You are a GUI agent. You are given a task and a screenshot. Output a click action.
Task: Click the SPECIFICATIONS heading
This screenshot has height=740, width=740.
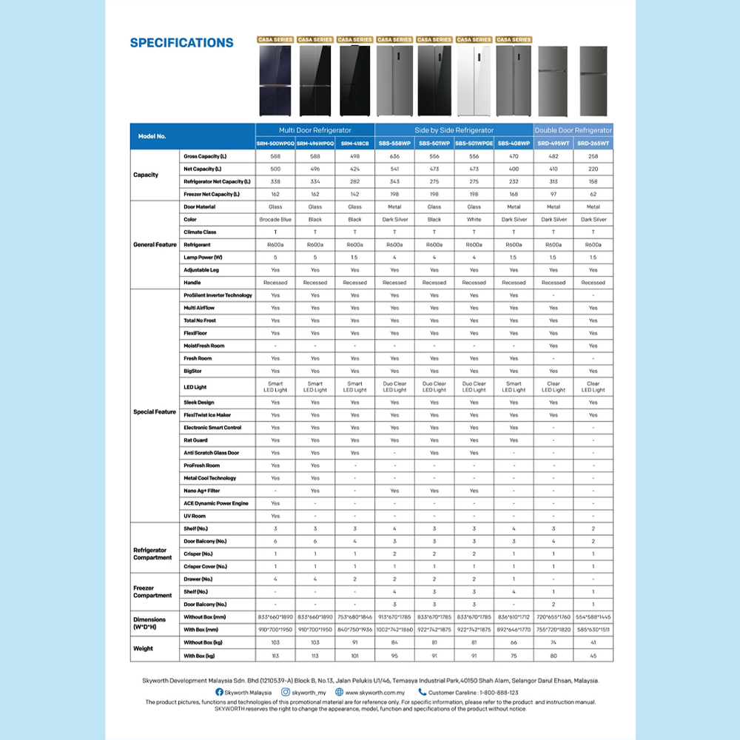tap(181, 43)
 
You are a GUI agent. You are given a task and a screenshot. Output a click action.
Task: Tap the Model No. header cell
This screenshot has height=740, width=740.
tap(152, 136)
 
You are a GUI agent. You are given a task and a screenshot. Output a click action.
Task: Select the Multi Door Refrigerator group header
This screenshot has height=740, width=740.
tap(315, 130)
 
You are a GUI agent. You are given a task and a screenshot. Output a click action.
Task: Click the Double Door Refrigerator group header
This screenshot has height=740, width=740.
tap(573, 130)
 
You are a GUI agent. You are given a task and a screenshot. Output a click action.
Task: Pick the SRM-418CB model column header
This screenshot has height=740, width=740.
tap(354, 143)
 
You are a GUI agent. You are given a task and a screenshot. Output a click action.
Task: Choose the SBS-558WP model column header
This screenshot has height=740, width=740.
tap(394, 143)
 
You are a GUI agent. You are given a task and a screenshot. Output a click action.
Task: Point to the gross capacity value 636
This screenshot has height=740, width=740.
tap(394, 156)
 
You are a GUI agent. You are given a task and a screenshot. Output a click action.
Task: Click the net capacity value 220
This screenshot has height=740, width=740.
tap(593, 169)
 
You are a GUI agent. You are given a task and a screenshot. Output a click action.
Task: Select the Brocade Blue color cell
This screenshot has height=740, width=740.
tap(275, 220)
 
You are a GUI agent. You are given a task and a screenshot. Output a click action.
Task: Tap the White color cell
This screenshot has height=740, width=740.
tap(474, 220)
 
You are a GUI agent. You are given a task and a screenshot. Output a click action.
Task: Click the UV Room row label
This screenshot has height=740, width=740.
tap(195, 516)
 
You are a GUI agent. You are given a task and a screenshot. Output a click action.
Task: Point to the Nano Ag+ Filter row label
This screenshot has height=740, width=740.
tap(202, 491)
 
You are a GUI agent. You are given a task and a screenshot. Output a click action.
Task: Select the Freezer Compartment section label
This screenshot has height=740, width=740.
tap(152, 591)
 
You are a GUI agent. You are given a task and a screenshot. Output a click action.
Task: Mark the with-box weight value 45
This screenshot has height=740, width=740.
tap(593, 656)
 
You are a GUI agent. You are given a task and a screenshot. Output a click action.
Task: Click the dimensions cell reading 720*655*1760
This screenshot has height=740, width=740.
tap(554, 616)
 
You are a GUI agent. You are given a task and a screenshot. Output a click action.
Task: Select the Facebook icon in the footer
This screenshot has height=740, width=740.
tap(219, 692)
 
